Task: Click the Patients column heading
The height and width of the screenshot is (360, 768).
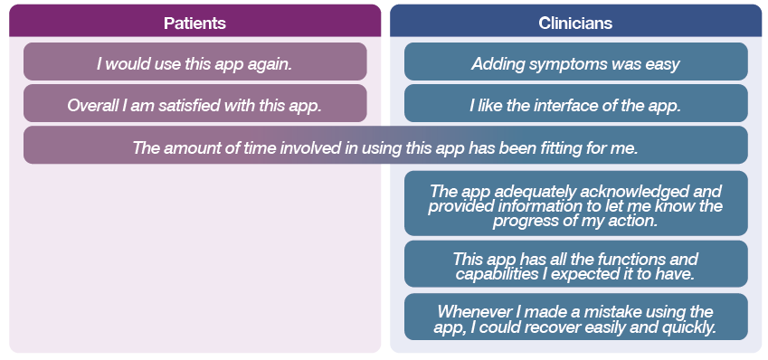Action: (x=194, y=23)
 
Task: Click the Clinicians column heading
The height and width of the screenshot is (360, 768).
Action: (x=575, y=23)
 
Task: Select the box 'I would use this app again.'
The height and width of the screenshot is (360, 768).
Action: (x=194, y=62)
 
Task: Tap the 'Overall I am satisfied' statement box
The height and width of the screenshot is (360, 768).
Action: (x=194, y=103)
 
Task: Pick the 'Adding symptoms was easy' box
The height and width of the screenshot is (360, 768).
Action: (x=576, y=62)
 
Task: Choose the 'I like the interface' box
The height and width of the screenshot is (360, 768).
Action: (x=576, y=103)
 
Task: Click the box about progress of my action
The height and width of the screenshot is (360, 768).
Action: (x=576, y=204)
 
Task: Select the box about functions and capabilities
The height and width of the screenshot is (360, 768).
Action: (x=576, y=264)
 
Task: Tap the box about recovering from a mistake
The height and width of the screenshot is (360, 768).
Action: (x=576, y=317)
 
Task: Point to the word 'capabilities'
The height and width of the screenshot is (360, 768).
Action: (x=498, y=274)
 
